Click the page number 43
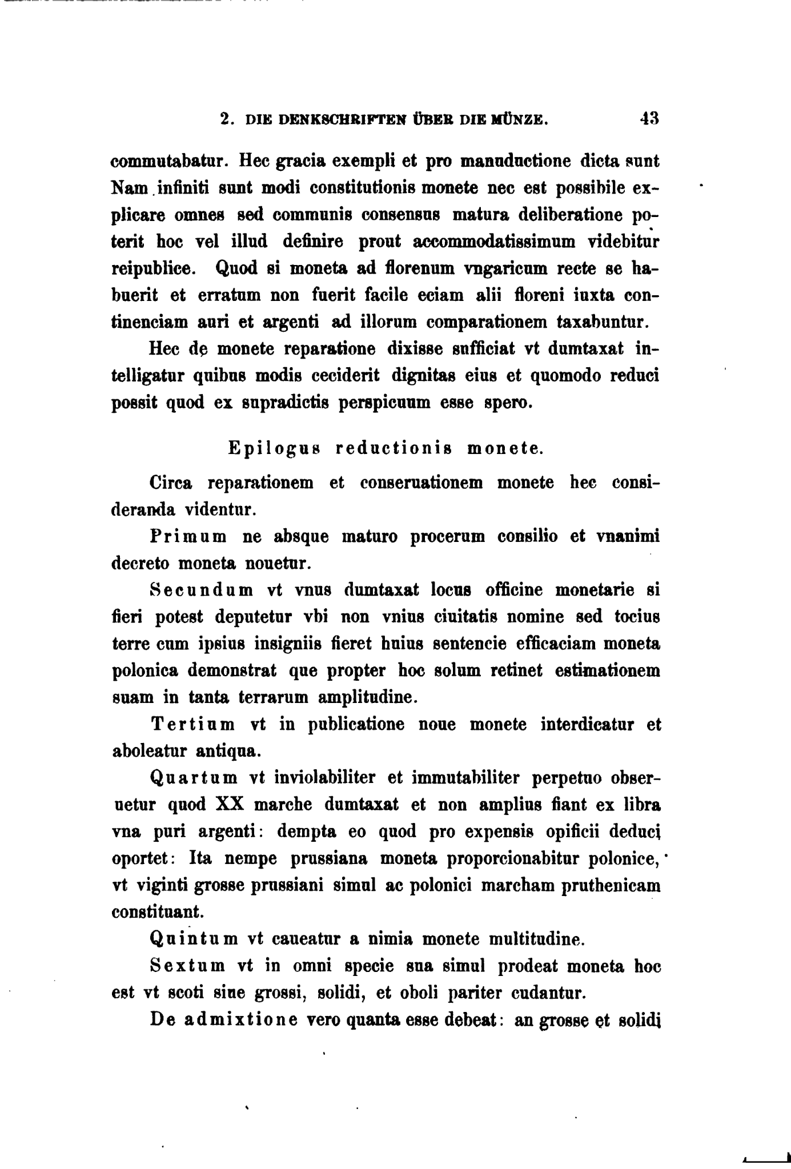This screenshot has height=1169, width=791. tap(649, 119)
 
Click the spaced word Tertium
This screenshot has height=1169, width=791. tap(192, 725)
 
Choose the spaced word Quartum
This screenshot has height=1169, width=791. tap(194, 778)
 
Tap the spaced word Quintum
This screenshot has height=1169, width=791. tap(194, 939)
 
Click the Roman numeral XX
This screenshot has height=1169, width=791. tap(230, 805)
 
